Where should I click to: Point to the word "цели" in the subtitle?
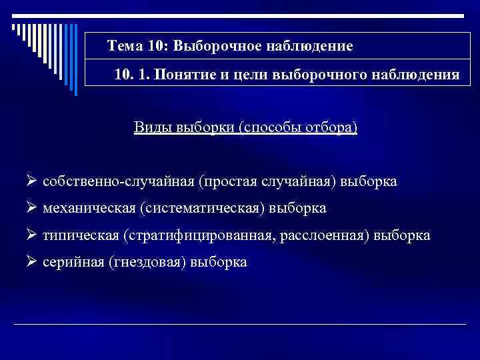pyautogui.click(x=244, y=75)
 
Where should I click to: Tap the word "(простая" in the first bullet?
pyautogui.click(x=226, y=181)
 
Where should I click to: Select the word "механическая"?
pyautogui.click(x=89, y=209)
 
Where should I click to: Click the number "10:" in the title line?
pyautogui.click(x=157, y=46)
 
